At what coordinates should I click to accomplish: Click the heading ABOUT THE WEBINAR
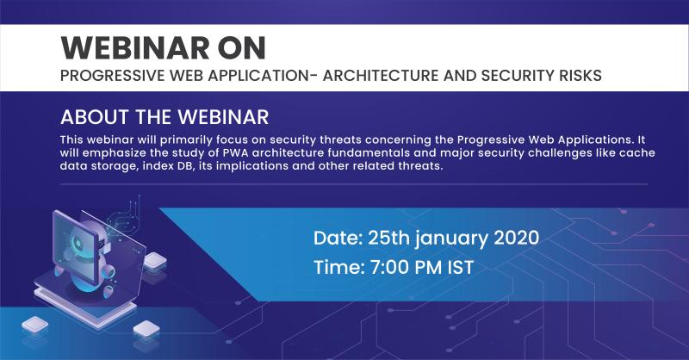pos(164,117)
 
